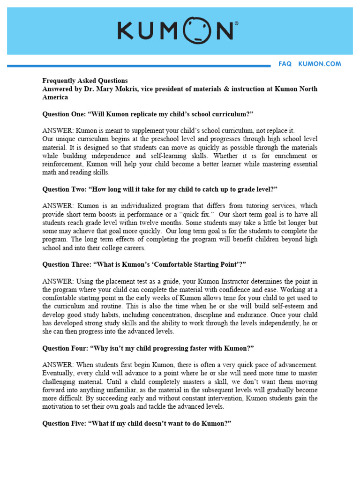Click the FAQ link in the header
click(x=285, y=64)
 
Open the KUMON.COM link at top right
click(x=320, y=64)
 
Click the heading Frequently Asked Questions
click(x=85, y=81)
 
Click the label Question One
click(x=64, y=114)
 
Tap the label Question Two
click(x=64, y=189)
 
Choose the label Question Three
click(x=66, y=264)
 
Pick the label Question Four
click(x=65, y=348)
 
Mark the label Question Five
click(x=65, y=423)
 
